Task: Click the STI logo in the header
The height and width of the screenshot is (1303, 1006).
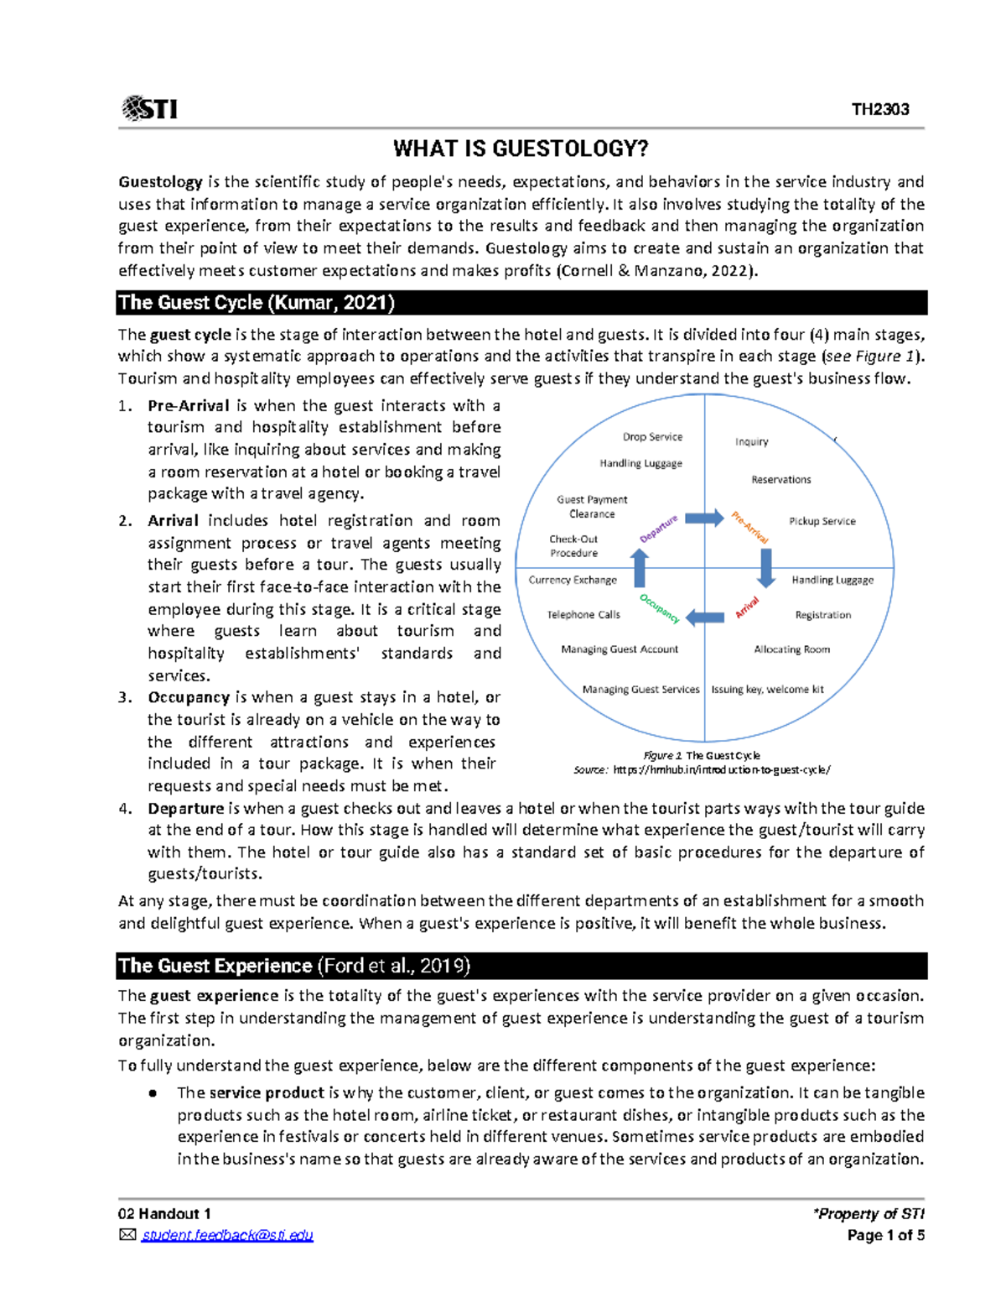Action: point(149,109)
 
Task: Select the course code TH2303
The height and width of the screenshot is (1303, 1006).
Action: point(880,109)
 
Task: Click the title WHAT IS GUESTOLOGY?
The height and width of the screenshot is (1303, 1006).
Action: point(521,149)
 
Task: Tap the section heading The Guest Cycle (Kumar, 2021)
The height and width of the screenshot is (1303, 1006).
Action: point(257,303)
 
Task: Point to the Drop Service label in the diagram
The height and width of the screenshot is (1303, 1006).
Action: point(652,437)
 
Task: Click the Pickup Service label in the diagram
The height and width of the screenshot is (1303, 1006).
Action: point(822,521)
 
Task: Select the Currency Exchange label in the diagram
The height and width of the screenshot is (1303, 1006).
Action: point(573,580)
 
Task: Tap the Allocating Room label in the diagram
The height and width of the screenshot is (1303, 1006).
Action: point(791,649)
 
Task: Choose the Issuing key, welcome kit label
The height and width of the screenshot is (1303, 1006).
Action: point(767,690)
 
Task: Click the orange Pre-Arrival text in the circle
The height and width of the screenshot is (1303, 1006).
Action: point(749,527)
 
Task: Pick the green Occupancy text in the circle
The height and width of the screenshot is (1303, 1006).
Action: point(660,608)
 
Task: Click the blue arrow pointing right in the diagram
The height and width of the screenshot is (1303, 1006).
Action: point(704,518)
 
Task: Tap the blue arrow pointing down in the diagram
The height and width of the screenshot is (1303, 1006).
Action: point(765,568)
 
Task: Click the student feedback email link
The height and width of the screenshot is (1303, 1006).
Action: point(227,1235)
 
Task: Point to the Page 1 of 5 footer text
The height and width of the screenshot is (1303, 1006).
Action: point(885,1235)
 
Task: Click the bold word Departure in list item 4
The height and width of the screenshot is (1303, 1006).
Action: point(185,809)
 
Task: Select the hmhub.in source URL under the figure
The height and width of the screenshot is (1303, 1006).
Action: point(722,770)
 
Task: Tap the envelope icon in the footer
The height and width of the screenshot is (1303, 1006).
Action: point(127,1235)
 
